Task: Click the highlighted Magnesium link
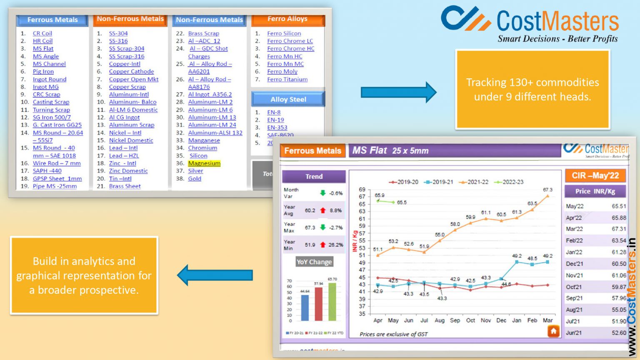[204, 163]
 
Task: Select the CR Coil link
[42, 33]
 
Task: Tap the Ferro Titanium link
[287, 79]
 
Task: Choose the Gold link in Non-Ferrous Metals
[195, 179]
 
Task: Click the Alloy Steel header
[288, 99]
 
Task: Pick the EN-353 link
[277, 127]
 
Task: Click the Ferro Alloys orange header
[287, 19]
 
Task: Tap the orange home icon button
[553, 331]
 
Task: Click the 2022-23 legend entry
[509, 182]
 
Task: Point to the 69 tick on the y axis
[362, 190]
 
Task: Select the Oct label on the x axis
[470, 320]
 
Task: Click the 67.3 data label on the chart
[547, 190]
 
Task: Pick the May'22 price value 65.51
[619, 206]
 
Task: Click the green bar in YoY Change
[332, 302]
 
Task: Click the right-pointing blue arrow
[398, 92]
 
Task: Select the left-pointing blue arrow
[215, 275]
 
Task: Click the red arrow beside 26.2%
[322, 245]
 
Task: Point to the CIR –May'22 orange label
[595, 176]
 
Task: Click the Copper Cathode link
[131, 72]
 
